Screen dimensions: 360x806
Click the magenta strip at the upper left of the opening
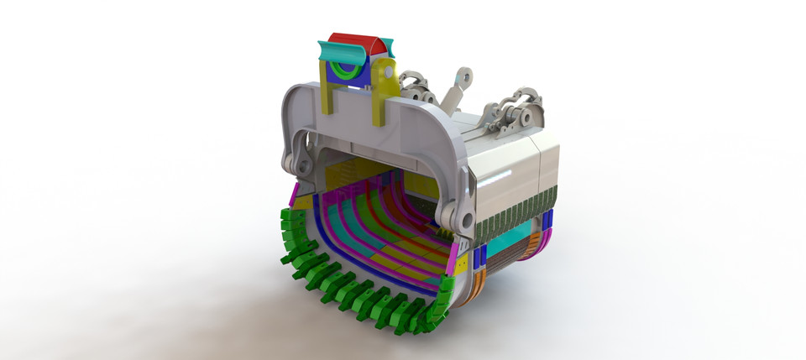click(295, 195)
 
